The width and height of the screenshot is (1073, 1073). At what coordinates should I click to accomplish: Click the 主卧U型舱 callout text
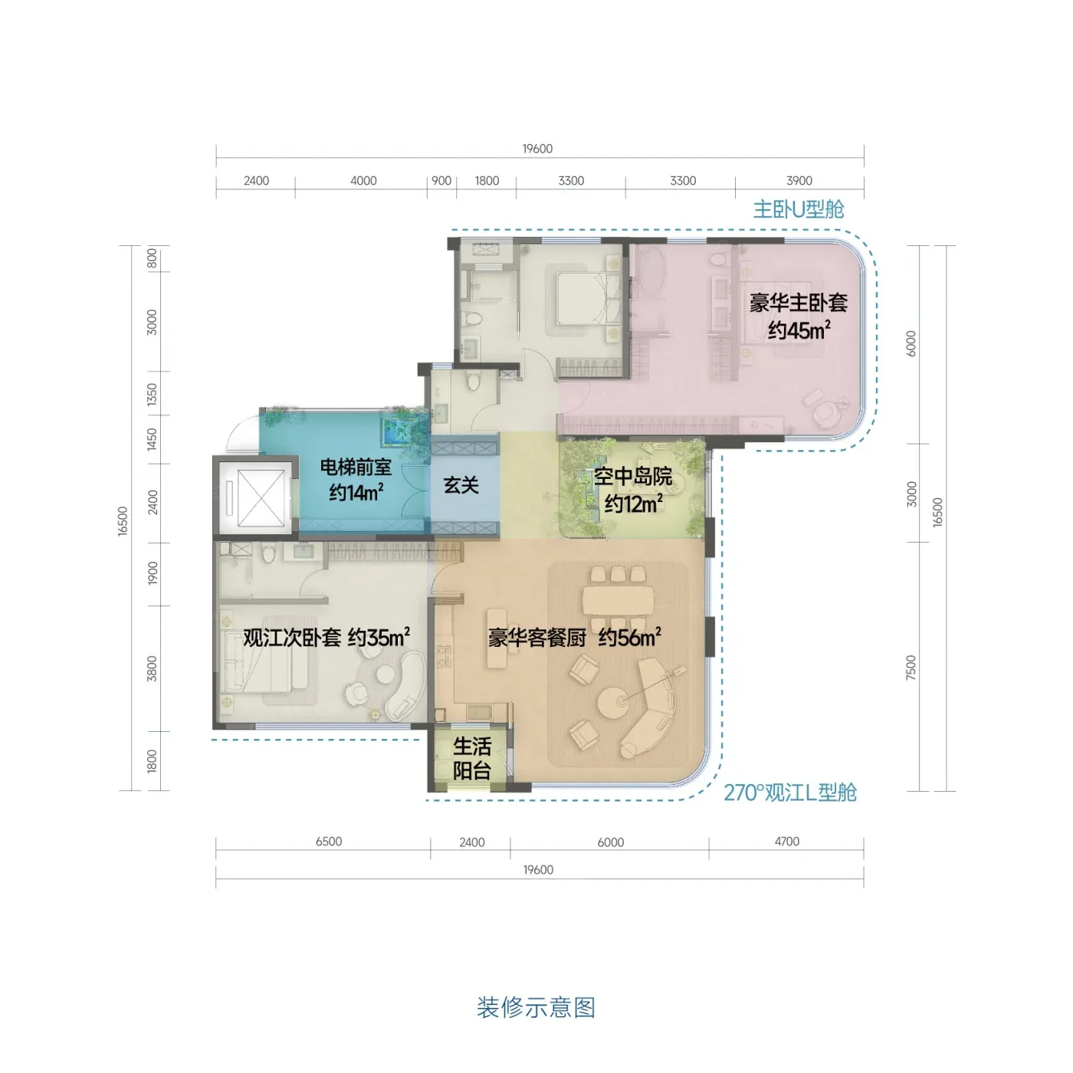pos(798,210)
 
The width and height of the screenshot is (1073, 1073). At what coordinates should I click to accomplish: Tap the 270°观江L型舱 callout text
pos(789,792)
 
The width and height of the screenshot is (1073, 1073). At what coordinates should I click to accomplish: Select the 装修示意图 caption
pos(536,1008)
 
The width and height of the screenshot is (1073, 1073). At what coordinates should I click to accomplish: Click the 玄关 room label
pos(461,485)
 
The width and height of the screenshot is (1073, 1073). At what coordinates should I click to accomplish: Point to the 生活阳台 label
pos(471,759)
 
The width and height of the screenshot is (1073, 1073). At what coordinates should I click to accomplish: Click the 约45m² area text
pos(799,330)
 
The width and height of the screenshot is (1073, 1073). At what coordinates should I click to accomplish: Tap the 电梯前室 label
pos(356,468)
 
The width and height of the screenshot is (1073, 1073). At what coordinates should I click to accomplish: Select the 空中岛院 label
pos(632,477)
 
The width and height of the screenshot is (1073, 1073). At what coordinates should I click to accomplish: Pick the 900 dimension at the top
pos(441,180)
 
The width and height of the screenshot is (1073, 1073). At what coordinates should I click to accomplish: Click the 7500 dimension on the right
pos(911,667)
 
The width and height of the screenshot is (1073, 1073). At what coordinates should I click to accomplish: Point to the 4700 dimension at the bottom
pos(787,842)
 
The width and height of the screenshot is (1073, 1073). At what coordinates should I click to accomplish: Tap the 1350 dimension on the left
pos(152,394)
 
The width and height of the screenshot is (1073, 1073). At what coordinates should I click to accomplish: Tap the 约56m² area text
pos(630,638)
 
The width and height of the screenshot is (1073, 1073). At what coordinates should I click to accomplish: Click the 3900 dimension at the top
pos(799,180)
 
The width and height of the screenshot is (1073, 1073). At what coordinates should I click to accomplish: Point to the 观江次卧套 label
pos(292,638)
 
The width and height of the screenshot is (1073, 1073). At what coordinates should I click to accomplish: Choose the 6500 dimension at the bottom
pos(329,842)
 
